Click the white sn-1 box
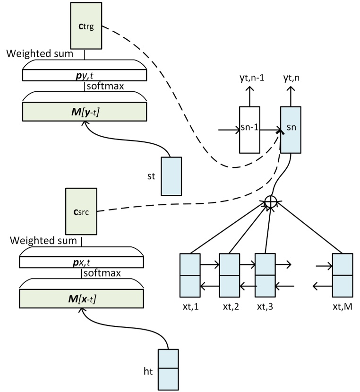(x=250, y=129)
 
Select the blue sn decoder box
(x=291, y=129)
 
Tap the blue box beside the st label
(x=171, y=176)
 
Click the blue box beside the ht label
(x=168, y=368)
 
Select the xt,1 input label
(x=190, y=307)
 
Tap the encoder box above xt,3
(x=265, y=275)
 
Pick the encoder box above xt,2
(x=230, y=275)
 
